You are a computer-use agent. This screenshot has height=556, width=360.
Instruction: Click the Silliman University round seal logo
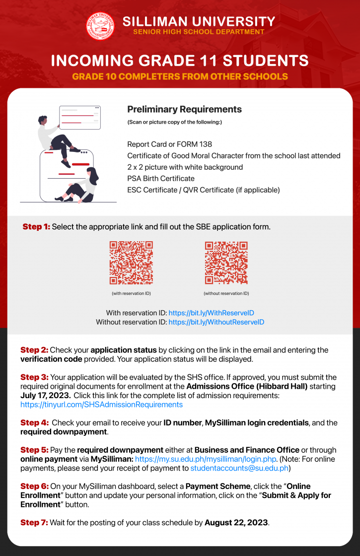tap(100, 26)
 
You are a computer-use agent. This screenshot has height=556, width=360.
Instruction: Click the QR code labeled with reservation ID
tap(131, 263)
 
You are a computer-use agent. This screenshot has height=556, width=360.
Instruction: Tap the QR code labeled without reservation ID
tap(226, 263)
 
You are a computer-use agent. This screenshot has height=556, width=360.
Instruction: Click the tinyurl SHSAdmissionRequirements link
tap(101, 405)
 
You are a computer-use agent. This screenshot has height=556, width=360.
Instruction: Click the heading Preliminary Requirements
tap(184, 109)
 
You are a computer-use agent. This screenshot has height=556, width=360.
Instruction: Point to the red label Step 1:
tap(36, 227)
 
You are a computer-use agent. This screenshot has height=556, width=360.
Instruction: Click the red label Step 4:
tap(34, 423)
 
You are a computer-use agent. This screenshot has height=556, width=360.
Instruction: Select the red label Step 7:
tap(34, 523)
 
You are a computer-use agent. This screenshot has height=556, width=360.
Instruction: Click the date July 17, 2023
tap(42, 396)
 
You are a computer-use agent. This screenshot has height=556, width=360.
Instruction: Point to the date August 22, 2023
tap(236, 523)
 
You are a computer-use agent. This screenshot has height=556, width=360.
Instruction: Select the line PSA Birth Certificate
tap(161, 178)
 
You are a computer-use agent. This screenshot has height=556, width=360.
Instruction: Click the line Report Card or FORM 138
tap(169, 144)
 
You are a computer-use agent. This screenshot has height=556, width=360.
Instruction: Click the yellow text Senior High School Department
tap(199, 32)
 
